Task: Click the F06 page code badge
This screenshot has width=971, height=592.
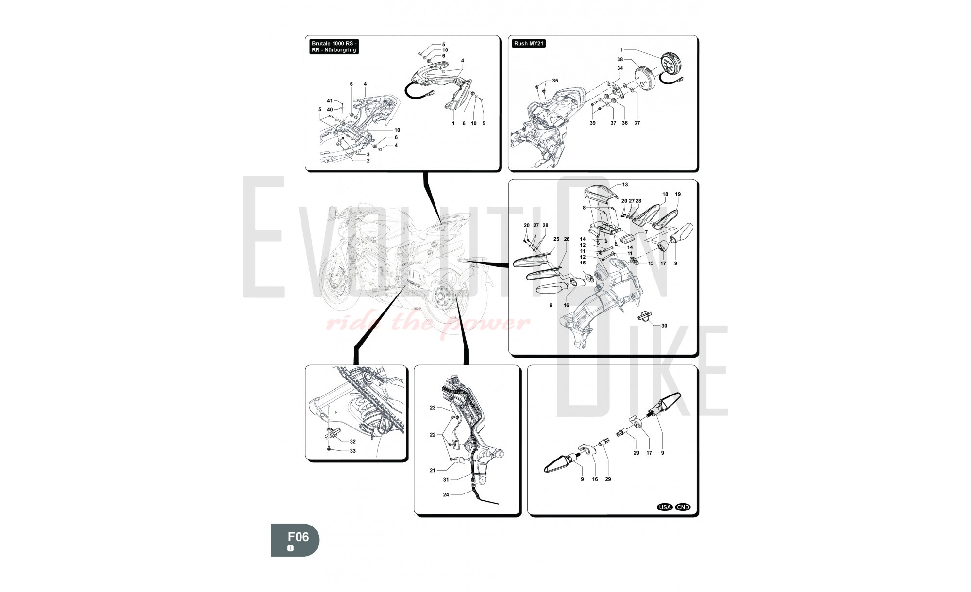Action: click(295, 540)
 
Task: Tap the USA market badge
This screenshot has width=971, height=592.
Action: click(665, 507)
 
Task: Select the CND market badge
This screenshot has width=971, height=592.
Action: click(683, 507)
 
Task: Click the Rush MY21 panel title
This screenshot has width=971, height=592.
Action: click(529, 44)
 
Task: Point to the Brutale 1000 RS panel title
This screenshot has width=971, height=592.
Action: click(335, 47)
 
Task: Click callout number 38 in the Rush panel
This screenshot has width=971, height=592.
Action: click(620, 59)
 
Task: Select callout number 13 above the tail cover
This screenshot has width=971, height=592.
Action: click(625, 185)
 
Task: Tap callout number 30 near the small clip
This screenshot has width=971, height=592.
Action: click(664, 326)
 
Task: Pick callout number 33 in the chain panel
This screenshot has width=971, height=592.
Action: click(352, 451)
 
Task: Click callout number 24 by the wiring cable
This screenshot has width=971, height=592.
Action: click(446, 495)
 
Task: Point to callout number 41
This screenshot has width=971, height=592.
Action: click(330, 101)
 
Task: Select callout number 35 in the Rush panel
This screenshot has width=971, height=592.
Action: click(555, 81)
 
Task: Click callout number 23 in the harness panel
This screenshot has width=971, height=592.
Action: click(433, 408)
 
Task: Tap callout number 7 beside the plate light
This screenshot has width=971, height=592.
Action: click(646, 233)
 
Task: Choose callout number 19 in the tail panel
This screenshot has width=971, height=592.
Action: click(678, 194)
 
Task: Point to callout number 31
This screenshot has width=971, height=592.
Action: click(446, 480)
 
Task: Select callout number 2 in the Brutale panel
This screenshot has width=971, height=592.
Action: click(368, 161)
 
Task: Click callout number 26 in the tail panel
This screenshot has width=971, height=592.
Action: click(566, 239)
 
